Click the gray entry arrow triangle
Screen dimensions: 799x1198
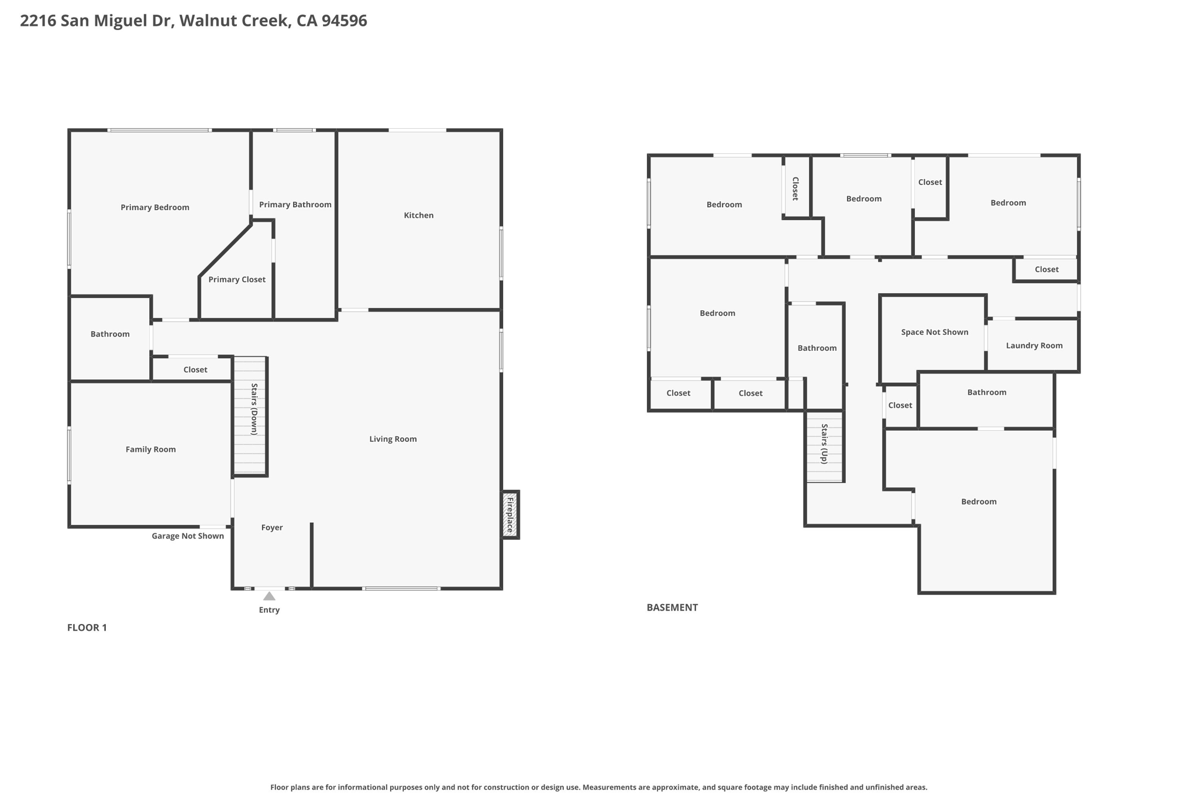(x=269, y=596)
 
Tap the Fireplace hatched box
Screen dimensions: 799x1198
(x=510, y=515)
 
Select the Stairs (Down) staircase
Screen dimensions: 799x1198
(x=250, y=416)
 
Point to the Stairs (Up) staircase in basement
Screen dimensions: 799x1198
(x=824, y=447)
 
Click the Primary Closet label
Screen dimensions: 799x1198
(x=237, y=280)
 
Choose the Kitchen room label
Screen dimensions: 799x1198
(x=419, y=215)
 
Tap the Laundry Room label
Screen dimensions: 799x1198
(x=1034, y=345)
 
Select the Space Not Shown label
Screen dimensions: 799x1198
(x=934, y=332)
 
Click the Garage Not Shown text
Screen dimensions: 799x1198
(x=188, y=536)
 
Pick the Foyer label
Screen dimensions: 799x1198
(x=272, y=527)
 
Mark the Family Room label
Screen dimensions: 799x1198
(x=150, y=450)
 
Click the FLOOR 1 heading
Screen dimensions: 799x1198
(x=87, y=627)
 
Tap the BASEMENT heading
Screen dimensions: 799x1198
(x=672, y=608)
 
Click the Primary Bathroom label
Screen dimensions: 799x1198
(x=295, y=204)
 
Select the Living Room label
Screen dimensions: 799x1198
(x=393, y=439)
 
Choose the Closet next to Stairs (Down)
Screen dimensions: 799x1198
(x=195, y=370)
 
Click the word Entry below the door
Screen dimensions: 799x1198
(x=269, y=610)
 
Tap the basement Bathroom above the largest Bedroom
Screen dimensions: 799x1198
(x=986, y=392)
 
